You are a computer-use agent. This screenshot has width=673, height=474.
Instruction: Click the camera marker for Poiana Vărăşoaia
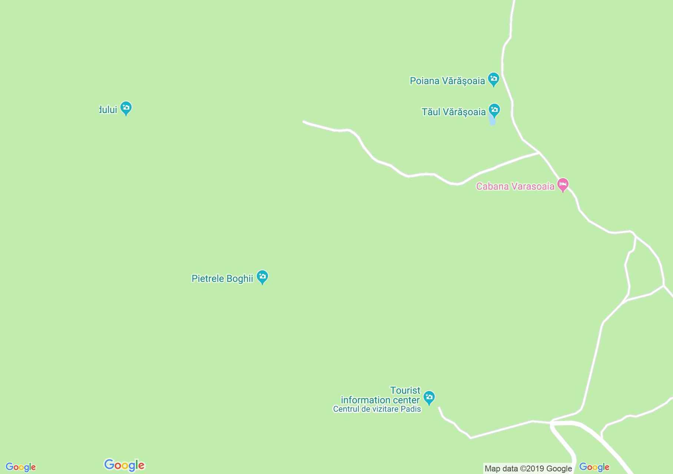(x=493, y=79)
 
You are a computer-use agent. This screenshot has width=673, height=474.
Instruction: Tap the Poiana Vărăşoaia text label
(x=447, y=81)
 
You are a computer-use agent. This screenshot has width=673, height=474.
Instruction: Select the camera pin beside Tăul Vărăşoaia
(x=494, y=110)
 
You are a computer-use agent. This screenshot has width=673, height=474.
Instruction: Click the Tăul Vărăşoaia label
(x=454, y=112)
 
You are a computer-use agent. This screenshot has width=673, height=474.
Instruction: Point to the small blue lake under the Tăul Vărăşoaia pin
(x=492, y=120)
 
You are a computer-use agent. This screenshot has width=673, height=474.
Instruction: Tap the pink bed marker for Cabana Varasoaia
(x=563, y=184)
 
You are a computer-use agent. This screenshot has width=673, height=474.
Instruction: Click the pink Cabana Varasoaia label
(x=515, y=186)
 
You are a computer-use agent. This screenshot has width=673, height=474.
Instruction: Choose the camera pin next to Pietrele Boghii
(x=262, y=277)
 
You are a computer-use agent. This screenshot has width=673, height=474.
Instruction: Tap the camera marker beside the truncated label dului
(x=126, y=108)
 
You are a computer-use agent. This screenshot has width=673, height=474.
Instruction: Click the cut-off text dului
(x=108, y=110)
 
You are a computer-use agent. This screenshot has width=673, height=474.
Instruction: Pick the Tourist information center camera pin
(x=429, y=398)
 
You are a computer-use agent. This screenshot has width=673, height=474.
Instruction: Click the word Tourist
(x=405, y=390)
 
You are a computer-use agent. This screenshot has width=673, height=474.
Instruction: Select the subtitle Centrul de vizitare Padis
(x=377, y=409)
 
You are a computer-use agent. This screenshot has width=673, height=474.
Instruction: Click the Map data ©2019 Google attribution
(x=528, y=468)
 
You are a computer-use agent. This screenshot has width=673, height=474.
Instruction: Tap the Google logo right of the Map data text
(x=594, y=467)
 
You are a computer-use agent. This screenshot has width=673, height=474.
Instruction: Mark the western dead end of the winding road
(x=304, y=121)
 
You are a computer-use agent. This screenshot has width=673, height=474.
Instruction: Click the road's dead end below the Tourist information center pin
(x=439, y=408)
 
